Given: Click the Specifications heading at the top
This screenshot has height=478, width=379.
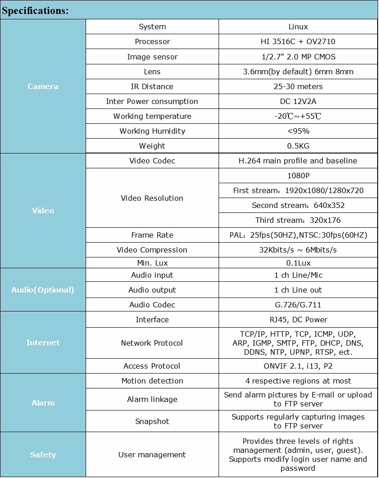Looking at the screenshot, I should click(x=36, y=10).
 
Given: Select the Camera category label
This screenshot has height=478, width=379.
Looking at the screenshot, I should click(x=43, y=86).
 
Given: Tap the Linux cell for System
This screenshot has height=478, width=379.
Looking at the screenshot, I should click(x=298, y=27).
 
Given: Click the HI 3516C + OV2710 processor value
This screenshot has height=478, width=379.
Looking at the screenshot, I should click(x=298, y=42).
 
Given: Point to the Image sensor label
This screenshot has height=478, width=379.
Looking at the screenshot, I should click(x=152, y=57).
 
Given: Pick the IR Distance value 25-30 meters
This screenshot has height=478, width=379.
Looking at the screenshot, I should click(x=298, y=86).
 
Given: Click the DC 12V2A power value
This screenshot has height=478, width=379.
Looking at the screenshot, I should click(x=298, y=101).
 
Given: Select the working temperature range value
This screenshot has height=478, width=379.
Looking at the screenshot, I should click(x=298, y=116).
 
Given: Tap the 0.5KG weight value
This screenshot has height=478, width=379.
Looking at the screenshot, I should click(x=298, y=146).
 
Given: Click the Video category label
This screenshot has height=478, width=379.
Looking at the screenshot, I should click(x=43, y=211).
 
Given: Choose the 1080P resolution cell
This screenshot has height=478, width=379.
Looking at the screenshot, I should click(x=298, y=176).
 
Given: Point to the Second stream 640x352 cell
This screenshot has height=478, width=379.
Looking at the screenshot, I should click(x=298, y=205).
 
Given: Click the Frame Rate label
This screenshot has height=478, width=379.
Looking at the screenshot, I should click(x=152, y=235).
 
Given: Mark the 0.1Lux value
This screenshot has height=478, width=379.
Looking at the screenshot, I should click(x=298, y=263).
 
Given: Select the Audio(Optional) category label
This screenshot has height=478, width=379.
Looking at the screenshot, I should click(x=43, y=290).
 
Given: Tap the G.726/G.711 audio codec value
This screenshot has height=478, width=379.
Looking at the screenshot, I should click(x=298, y=305).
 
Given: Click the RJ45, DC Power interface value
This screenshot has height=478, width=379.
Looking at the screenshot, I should click(x=298, y=320).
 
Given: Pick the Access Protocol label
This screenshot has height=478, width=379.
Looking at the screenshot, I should click(x=152, y=366).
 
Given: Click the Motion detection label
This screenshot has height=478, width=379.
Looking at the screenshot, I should click(x=152, y=381).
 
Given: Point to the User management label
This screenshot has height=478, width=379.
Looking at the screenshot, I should click(x=152, y=455).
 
